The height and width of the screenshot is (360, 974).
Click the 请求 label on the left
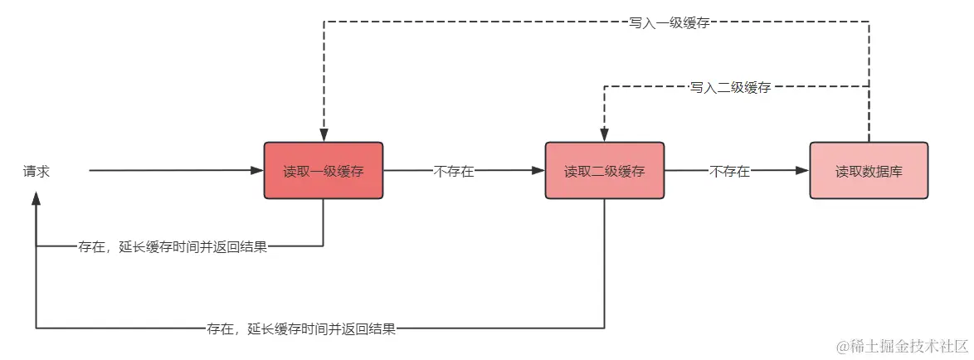click(x=37, y=172)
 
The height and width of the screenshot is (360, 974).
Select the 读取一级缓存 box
click(x=324, y=171)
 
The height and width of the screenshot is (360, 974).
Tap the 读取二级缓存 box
click(x=604, y=171)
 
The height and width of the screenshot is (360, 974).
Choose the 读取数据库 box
click(x=869, y=171)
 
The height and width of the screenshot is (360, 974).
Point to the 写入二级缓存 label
click(x=730, y=87)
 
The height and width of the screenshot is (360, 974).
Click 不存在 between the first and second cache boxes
click(x=454, y=172)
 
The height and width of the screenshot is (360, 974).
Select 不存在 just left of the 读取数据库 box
click(x=729, y=172)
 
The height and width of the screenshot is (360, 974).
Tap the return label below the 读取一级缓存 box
click(x=173, y=247)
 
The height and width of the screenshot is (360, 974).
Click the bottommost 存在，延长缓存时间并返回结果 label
click(x=301, y=329)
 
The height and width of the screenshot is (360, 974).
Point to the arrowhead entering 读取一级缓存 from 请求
click(x=257, y=171)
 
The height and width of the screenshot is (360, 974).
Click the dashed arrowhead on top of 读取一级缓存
click(x=324, y=136)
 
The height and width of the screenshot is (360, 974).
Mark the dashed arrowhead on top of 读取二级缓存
click(x=604, y=136)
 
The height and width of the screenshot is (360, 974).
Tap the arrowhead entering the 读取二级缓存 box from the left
click(x=538, y=171)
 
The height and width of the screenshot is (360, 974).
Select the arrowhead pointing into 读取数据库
click(x=802, y=171)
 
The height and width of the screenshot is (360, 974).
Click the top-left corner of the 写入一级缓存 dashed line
click(x=324, y=22)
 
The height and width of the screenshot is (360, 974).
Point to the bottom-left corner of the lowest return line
click(x=36, y=328)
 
